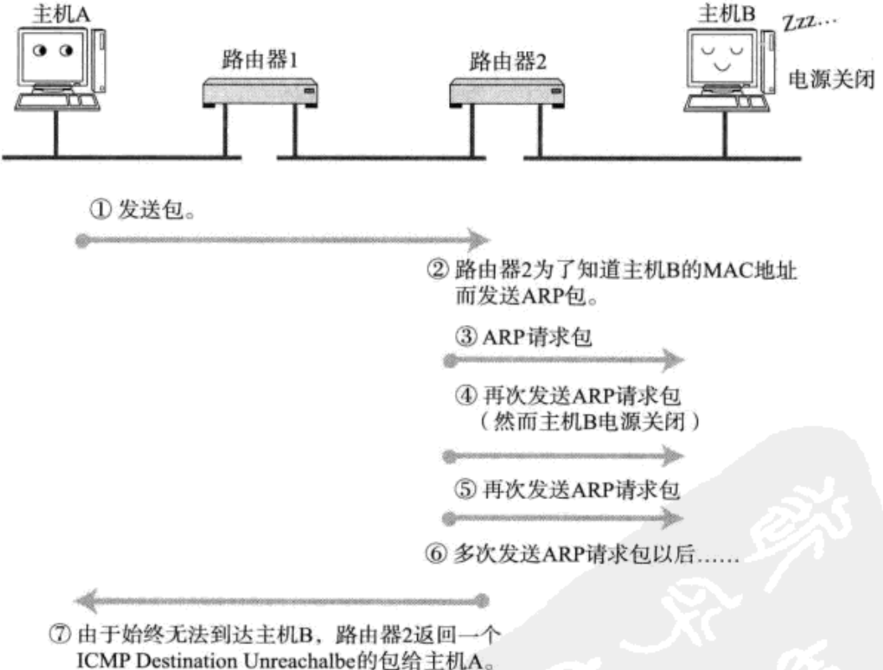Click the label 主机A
point(61,14)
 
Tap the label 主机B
point(726,13)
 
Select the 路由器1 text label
point(260,59)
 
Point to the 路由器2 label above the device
point(508,61)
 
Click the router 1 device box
point(260,92)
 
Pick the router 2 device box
point(507,92)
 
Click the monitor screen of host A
point(54,56)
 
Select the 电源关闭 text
point(831,80)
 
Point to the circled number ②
point(438,271)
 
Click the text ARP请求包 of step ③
point(537,338)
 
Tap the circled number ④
point(466,395)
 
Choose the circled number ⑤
point(465,489)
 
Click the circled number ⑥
point(436,554)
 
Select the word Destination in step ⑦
point(186,660)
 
